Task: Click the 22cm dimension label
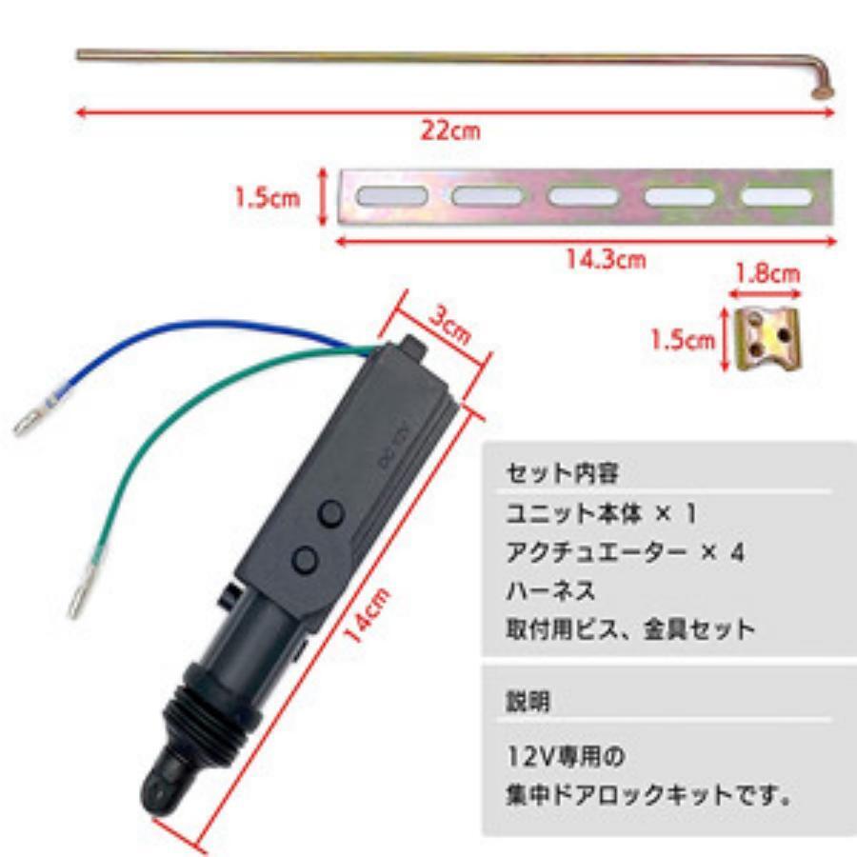450,130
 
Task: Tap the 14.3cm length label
606,259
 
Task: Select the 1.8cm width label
767,275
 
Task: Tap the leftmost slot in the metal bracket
391,197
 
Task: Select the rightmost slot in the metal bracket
776,196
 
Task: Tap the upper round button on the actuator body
330,514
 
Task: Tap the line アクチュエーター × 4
625,552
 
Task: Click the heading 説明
528,703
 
